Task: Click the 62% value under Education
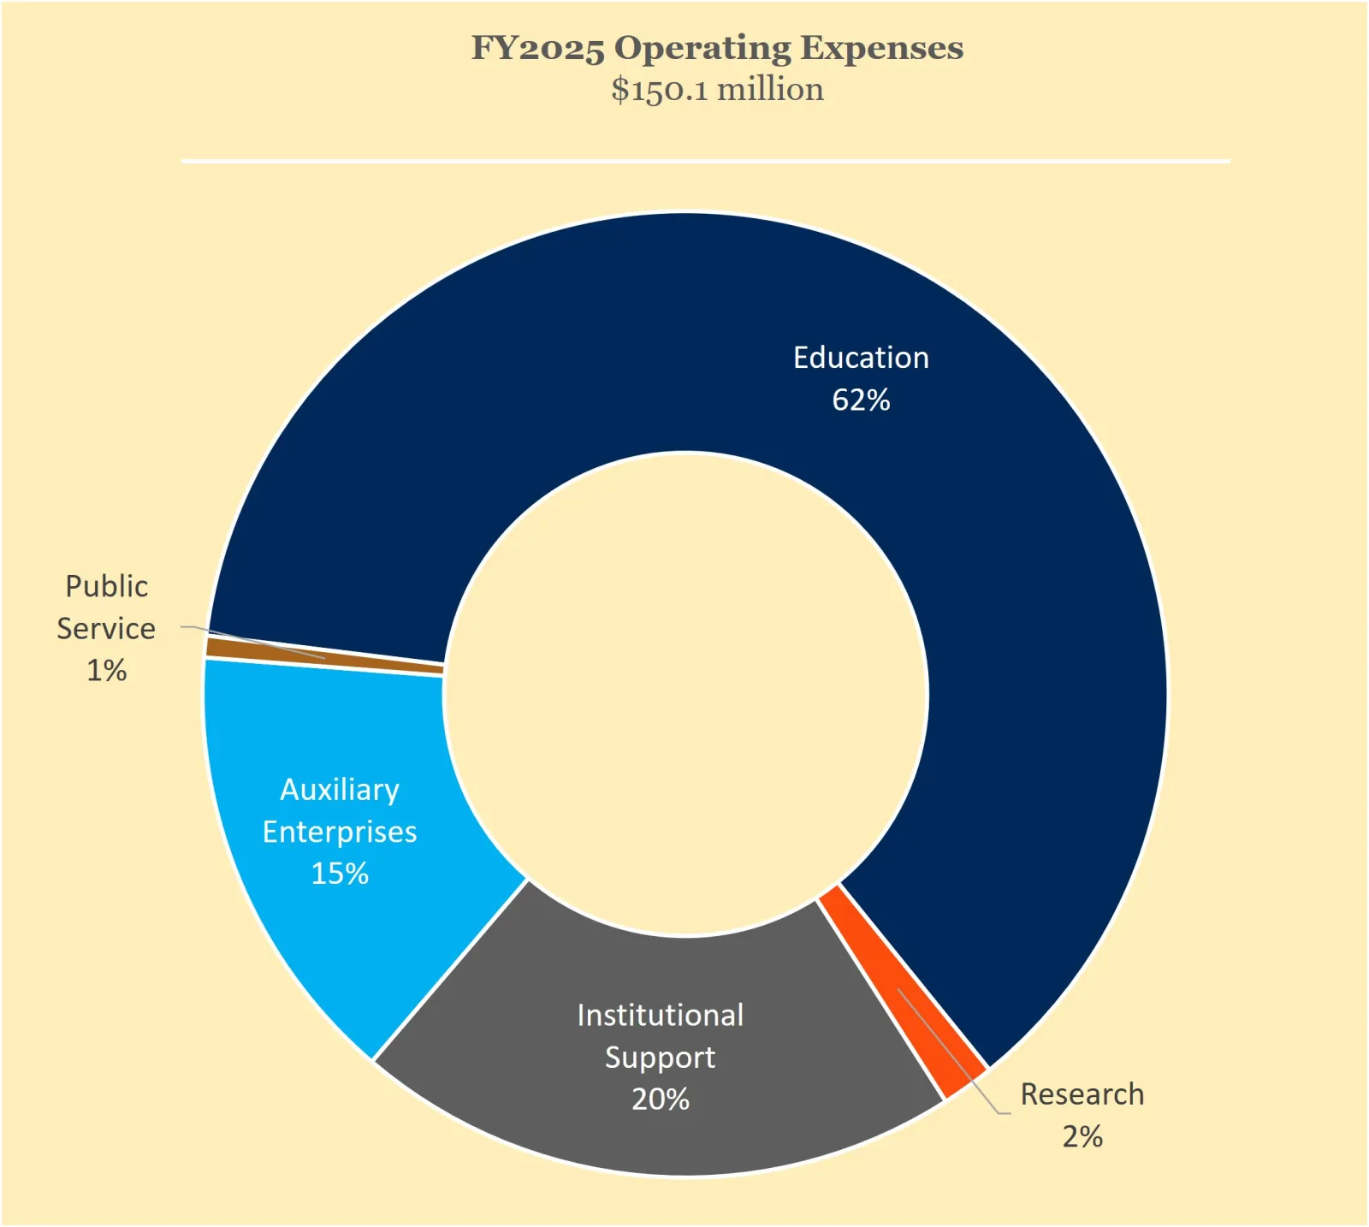[x=861, y=400]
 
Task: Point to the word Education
[x=861, y=358]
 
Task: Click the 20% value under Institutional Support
[x=660, y=1100]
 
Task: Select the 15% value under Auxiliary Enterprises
[x=340, y=874]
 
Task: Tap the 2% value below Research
[x=1082, y=1137]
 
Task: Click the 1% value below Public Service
[x=107, y=671]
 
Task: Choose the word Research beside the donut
[x=1082, y=1094]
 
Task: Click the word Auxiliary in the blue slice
[x=340, y=790]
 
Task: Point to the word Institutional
[x=660, y=1016]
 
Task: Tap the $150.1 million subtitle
[x=717, y=90]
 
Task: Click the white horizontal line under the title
[x=705, y=161]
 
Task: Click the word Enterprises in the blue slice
[x=340, y=832]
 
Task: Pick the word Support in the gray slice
[x=660, y=1058]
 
